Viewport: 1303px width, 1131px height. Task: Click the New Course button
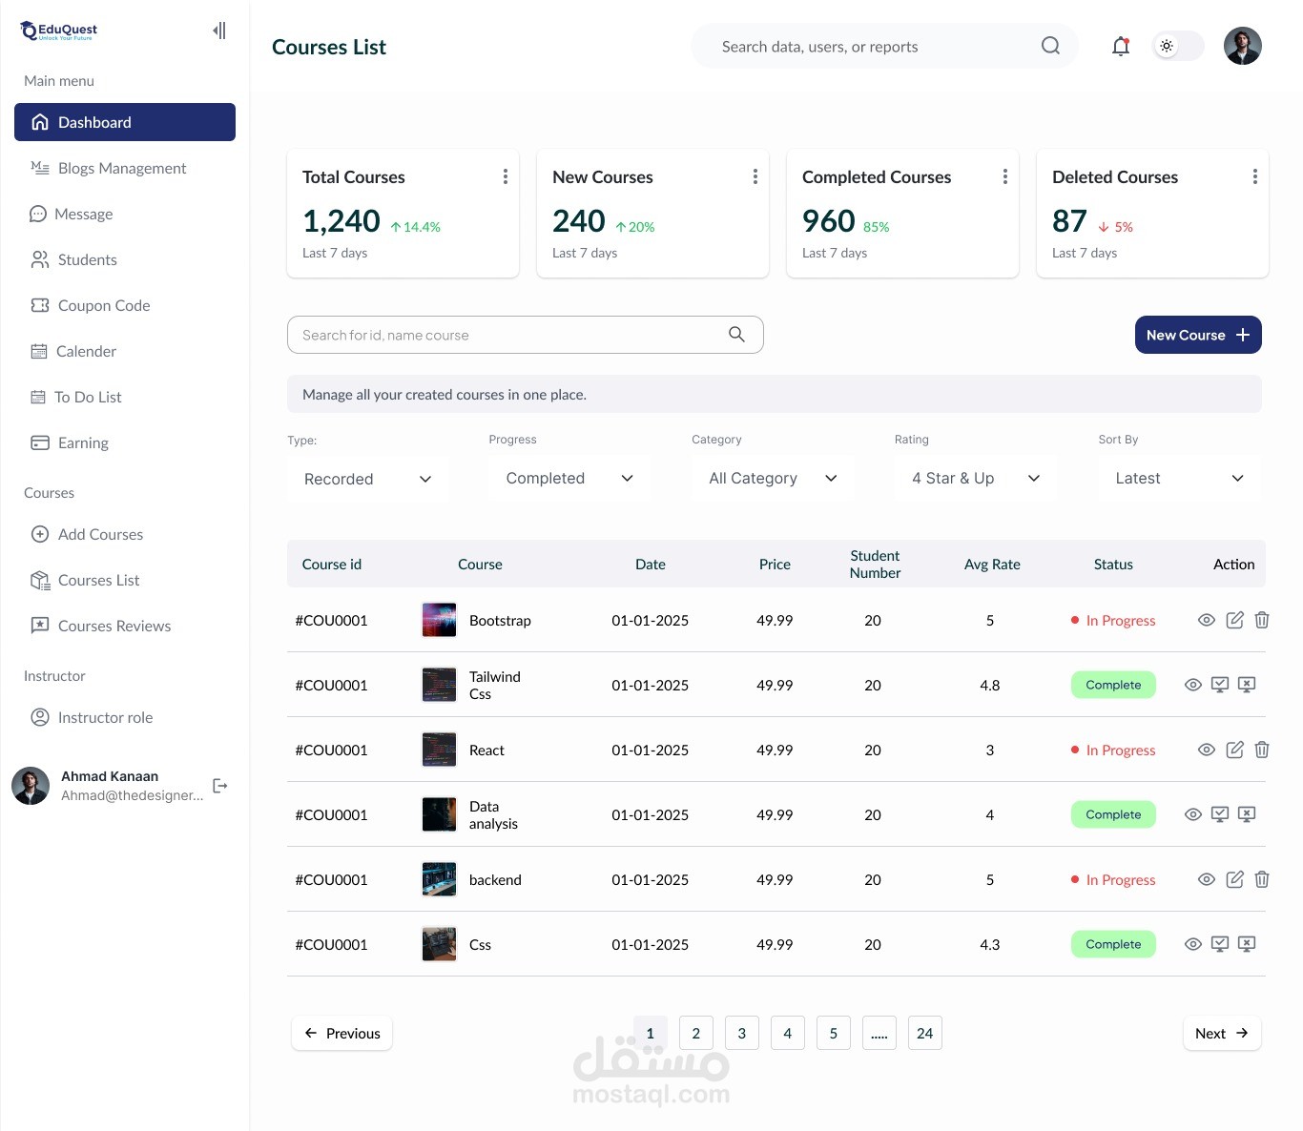[1197, 335]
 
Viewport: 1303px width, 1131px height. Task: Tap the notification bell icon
[1121, 46]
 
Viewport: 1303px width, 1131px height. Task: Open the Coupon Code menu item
[104, 305]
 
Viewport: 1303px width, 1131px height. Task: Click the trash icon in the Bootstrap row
[1262, 620]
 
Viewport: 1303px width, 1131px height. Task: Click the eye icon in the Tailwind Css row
[1192, 685]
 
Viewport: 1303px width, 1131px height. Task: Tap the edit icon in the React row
[1234, 750]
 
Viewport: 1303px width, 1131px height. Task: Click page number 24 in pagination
[924, 1033]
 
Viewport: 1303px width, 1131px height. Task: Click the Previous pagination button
[341, 1033]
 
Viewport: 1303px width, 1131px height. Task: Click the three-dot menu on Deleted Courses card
[1254, 176]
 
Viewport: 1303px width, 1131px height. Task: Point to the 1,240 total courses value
[341, 221]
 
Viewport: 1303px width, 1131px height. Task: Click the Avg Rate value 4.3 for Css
[990, 944]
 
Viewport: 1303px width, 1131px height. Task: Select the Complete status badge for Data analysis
[1113, 814]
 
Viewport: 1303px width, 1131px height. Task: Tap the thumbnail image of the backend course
[439, 879]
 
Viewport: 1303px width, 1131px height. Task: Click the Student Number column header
[875, 564]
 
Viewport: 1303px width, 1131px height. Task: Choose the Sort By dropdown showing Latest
[1179, 478]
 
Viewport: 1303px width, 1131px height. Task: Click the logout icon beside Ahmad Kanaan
[220, 786]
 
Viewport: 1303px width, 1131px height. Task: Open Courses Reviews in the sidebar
[114, 626]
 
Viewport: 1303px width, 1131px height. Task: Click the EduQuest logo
[59, 31]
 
